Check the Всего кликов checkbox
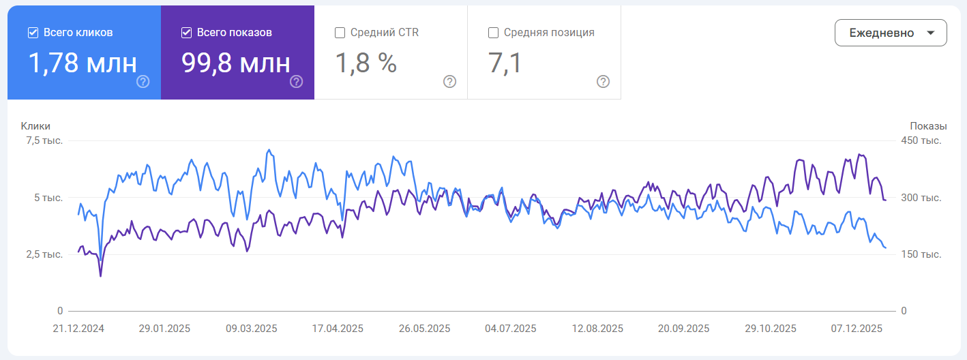pyautogui.click(x=33, y=33)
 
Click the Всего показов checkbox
pyautogui.click(x=186, y=33)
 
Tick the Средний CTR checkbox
pyautogui.click(x=340, y=33)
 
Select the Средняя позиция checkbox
pyautogui.click(x=493, y=33)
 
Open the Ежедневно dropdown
pyautogui.click(x=890, y=33)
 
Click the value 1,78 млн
pyautogui.click(x=82, y=63)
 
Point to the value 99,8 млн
pyautogui.click(x=235, y=63)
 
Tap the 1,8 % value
pyautogui.click(x=366, y=63)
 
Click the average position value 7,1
pyautogui.click(x=505, y=63)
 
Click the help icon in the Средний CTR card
pyautogui.click(x=449, y=82)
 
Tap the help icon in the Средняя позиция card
pyautogui.click(x=603, y=82)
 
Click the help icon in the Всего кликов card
pyautogui.click(x=143, y=82)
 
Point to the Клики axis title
pyautogui.click(x=35, y=126)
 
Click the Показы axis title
pyautogui.click(x=928, y=126)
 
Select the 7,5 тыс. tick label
pyautogui.click(x=44, y=141)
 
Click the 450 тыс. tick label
pyautogui.click(x=921, y=141)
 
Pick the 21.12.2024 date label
pyautogui.click(x=78, y=328)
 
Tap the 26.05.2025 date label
pyautogui.click(x=424, y=328)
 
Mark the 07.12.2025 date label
pyautogui.click(x=857, y=328)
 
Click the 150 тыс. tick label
pyautogui.click(x=921, y=254)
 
